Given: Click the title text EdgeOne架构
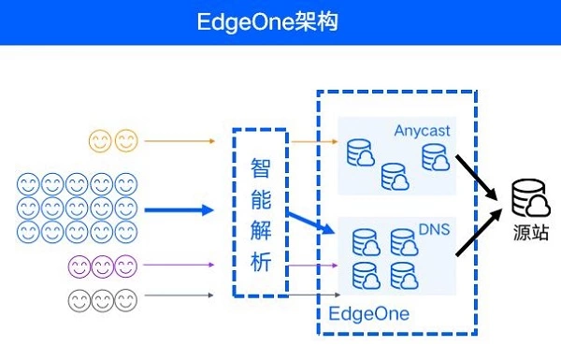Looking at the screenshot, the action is (267, 22).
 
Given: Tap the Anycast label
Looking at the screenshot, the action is (422, 131).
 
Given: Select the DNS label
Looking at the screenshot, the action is (434, 229).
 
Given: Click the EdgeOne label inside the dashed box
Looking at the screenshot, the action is (369, 314).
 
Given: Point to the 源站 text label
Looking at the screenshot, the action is (531, 232).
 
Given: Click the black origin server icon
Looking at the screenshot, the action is (530, 199).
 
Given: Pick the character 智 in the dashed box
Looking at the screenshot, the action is (261, 167).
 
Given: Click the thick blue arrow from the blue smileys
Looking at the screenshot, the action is (179, 210).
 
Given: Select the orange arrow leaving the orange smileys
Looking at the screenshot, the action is (180, 141).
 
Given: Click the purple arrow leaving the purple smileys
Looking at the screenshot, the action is (179, 265).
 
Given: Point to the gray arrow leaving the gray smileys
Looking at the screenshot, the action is (179, 295).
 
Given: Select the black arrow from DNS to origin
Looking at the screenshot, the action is (479, 233).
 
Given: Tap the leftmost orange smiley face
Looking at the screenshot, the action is (100, 140).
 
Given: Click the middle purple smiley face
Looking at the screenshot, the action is (103, 266).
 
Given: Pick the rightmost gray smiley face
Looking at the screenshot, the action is (126, 300).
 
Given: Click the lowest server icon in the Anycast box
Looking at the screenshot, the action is (395, 177).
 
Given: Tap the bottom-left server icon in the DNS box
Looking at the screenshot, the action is (366, 276).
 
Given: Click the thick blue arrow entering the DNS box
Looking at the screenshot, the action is (310, 223).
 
